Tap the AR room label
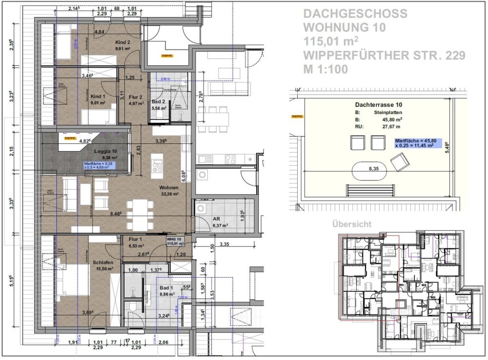pyautogui.click(x=215, y=220)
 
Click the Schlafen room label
pyautogui.click(x=103, y=262)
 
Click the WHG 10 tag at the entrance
pyautogui.click(x=174, y=240)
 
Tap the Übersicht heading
pyautogui.click(x=351, y=224)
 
